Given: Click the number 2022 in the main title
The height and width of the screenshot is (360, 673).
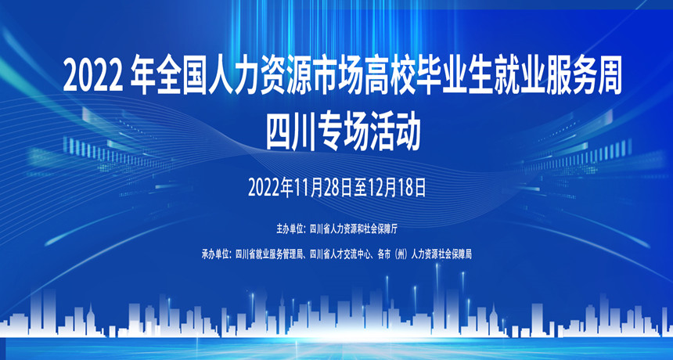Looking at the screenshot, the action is (x=93, y=78).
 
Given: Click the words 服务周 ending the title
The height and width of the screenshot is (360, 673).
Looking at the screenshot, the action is (x=584, y=78).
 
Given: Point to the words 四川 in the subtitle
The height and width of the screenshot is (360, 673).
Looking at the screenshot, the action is (x=290, y=132).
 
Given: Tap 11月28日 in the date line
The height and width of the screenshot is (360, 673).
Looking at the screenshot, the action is (x=323, y=188).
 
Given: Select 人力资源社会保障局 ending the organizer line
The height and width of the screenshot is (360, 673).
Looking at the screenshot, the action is (x=441, y=254).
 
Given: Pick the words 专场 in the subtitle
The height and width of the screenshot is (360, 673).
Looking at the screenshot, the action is (x=342, y=132).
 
